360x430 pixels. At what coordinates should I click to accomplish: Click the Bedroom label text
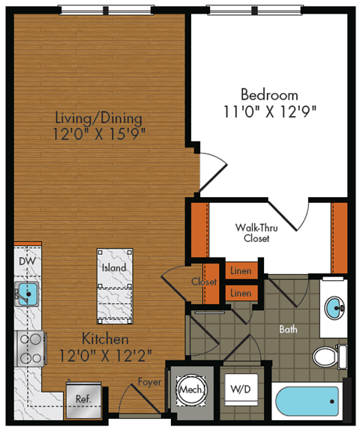(x=268, y=95)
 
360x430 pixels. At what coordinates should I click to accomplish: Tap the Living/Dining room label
(x=98, y=118)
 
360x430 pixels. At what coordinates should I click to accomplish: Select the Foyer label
(x=149, y=381)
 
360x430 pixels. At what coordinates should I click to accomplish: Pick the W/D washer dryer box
(x=240, y=390)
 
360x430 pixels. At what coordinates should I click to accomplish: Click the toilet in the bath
(x=330, y=355)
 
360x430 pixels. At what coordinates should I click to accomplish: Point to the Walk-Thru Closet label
(x=253, y=232)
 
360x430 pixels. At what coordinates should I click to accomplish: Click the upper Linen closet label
(x=241, y=270)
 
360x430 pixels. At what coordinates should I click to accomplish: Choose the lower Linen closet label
(x=241, y=292)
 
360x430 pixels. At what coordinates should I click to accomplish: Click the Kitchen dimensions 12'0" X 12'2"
(x=99, y=355)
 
